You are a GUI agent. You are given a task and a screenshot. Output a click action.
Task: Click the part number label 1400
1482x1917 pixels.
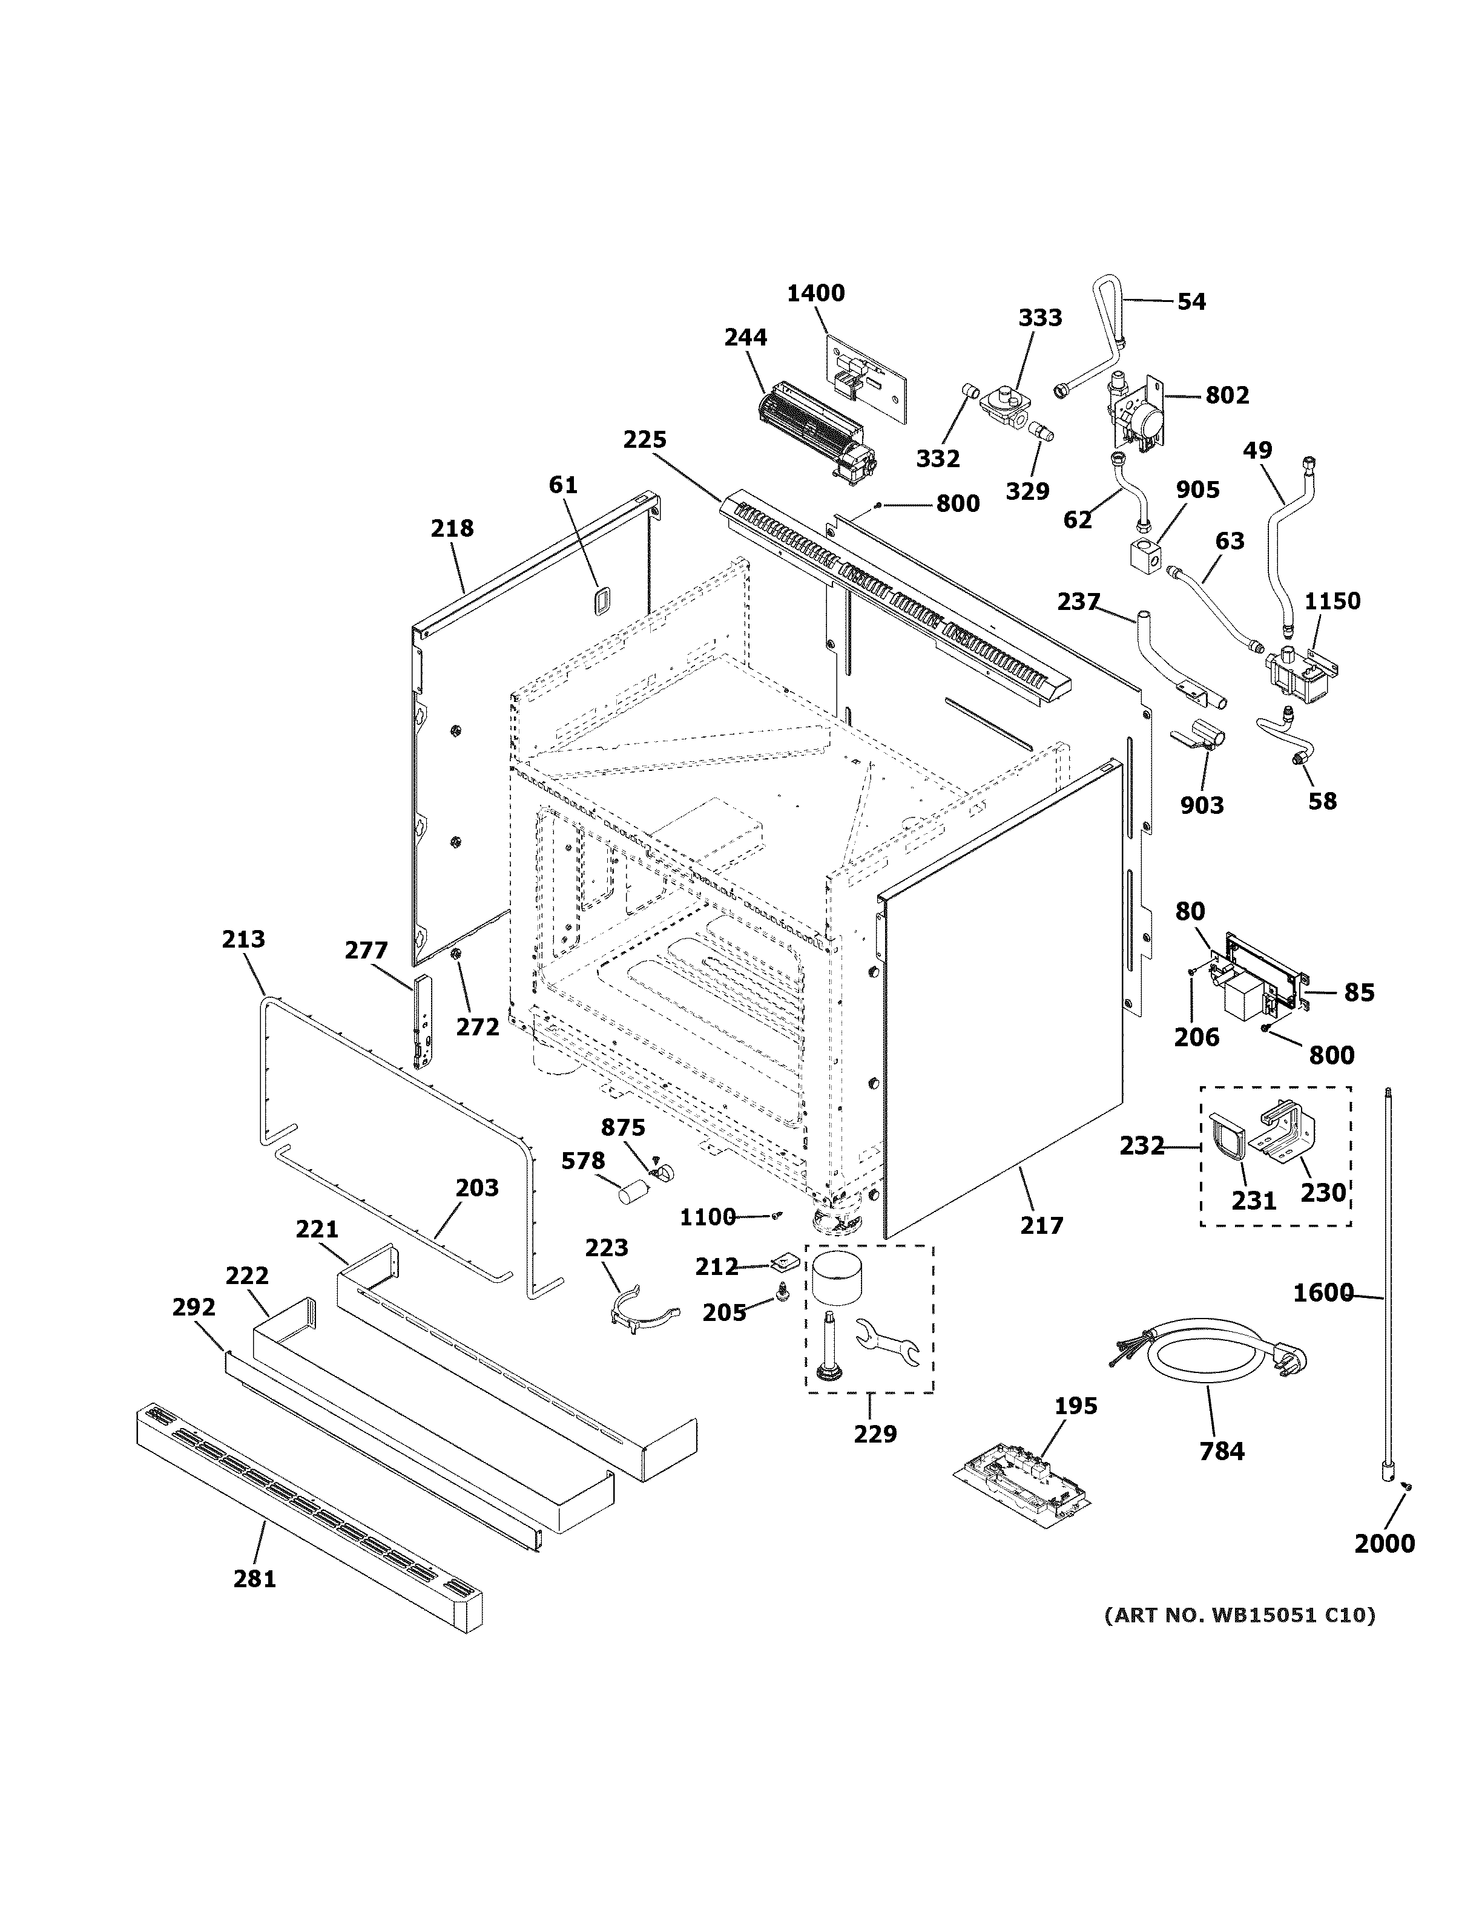click(x=815, y=293)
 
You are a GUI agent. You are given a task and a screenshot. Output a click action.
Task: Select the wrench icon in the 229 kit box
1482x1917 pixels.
click(x=887, y=1343)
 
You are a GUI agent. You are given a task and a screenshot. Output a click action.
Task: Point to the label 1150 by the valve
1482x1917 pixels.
click(x=1331, y=601)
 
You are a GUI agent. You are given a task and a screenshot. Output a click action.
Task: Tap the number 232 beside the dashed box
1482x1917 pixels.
click(x=1141, y=1145)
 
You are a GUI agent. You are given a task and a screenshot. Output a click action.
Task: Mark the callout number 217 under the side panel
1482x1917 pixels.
click(x=1041, y=1225)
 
